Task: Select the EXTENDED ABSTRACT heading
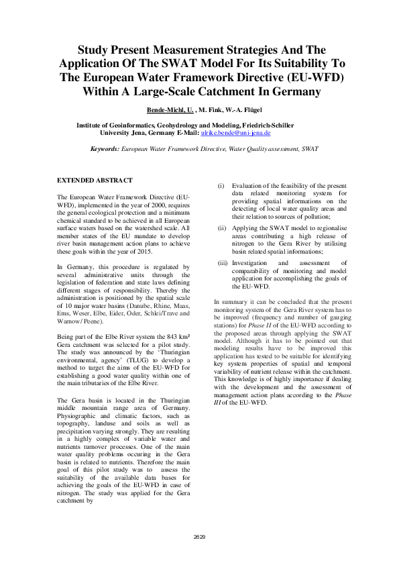[95, 181]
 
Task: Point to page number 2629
[199, 537]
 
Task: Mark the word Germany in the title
[293, 91]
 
